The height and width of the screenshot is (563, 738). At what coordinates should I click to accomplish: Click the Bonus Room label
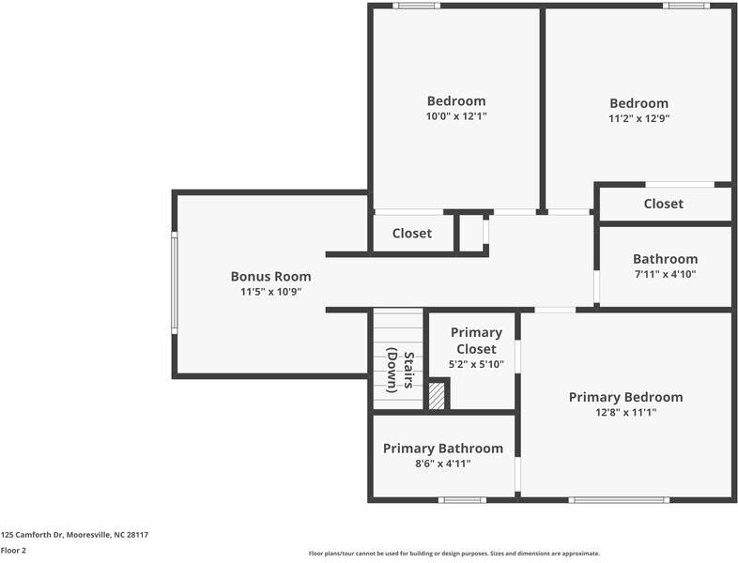pyautogui.click(x=270, y=277)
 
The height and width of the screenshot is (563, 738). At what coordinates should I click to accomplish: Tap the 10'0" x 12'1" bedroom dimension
pyautogui.click(x=456, y=116)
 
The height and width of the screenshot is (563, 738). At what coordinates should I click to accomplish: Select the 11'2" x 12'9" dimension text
pyautogui.click(x=638, y=118)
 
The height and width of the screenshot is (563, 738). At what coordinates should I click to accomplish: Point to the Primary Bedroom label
pyautogui.click(x=625, y=398)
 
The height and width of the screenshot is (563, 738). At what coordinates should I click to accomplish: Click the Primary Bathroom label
pyautogui.click(x=443, y=449)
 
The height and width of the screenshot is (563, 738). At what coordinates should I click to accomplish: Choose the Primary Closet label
pyautogui.click(x=476, y=341)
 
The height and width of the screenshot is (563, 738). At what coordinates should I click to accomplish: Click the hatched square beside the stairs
pyautogui.click(x=437, y=396)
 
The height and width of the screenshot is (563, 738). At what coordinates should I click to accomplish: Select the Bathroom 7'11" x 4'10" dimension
pyautogui.click(x=665, y=274)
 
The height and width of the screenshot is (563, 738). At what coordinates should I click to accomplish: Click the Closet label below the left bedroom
pyautogui.click(x=412, y=234)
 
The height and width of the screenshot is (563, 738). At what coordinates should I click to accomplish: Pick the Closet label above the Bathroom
pyautogui.click(x=663, y=204)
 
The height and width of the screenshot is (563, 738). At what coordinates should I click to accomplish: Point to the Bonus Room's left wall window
pyautogui.click(x=174, y=282)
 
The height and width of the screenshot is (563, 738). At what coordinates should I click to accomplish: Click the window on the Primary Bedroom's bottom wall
pyautogui.click(x=619, y=500)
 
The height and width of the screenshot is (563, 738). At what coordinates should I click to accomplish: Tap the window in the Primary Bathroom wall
pyautogui.click(x=462, y=500)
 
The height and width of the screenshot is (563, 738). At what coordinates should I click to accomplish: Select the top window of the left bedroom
pyautogui.click(x=417, y=6)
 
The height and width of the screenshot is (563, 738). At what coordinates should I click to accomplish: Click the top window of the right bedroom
pyautogui.click(x=686, y=6)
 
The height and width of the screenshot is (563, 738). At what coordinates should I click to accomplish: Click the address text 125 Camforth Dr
pyautogui.click(x=32, y=535)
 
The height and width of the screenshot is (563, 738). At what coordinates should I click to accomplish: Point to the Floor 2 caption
pyautogui.click(x=13, y=550)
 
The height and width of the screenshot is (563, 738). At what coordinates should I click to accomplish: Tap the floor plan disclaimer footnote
pyautogui.click(x=454, y=554)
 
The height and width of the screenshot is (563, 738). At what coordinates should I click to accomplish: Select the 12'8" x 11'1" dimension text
pyautogui.click(x=625, y=413)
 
